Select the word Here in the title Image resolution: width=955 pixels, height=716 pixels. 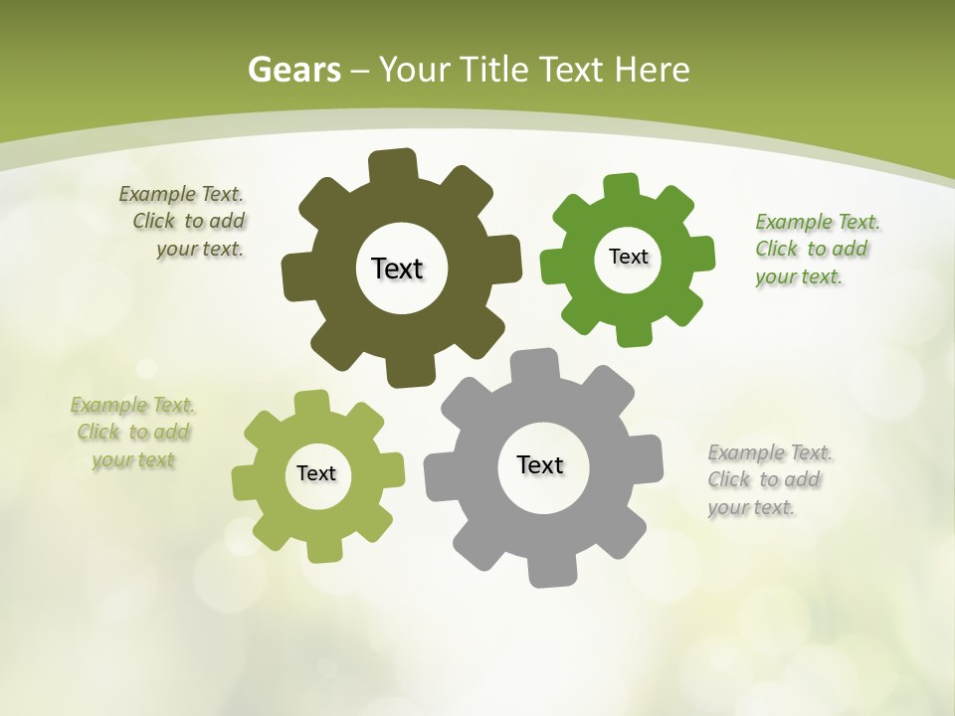pyautogui.click(x=651, y=70)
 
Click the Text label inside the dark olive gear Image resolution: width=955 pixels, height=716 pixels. pyautogui.click(x=397, y=268)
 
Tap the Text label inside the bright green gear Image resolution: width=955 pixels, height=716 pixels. pyautogui.click(x=628, y=257)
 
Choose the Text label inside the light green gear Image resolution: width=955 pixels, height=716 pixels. pyautogui.click(x=316, y=473)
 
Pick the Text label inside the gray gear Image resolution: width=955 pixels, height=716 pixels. pyautogui.click(x=540, y=464)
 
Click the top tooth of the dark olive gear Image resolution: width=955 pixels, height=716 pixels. pyautogui.click(x=392, y=165)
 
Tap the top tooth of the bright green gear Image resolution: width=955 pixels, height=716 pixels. pyautogui.click(x=622, y=188)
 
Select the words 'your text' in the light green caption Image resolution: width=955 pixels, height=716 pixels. pyautogui.click(x=133, y=459)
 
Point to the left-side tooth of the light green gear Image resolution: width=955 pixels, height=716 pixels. pyautogui.click(x=245, y=481)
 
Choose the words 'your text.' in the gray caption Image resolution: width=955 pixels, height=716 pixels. pyautogui.click(x=752, y=507)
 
